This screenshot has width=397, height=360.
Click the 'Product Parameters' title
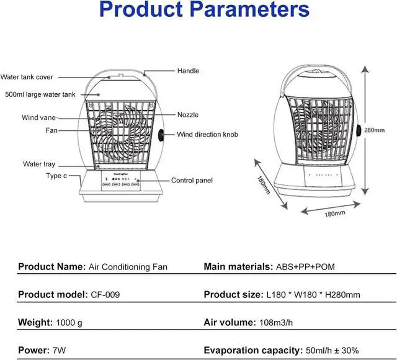(x=204, y=9)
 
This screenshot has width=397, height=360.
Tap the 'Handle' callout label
(x=188, y=71)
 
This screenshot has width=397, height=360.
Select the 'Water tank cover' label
(x=27, y=77)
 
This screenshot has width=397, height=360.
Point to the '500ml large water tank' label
(x=40, y=94)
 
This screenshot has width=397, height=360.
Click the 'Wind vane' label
(x=38, y=117)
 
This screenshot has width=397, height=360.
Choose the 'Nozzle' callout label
(x=188, y=115)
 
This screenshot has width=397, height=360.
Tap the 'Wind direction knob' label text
(x=207, y=135)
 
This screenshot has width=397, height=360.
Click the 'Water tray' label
(x=39, y=164)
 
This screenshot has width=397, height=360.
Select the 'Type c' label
(x=56, y=176)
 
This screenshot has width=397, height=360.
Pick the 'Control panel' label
(x=192, y=181)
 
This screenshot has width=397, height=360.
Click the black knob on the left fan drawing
(x=161, y=135)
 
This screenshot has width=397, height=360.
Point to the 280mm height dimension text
(x=374, y=130)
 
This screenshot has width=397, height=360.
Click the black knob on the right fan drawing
(x=359, y=130)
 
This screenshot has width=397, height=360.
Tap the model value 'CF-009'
(x=105, y=295)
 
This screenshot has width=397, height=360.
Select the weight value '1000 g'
(x=69, y=323)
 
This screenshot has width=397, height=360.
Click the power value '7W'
(x=60, y=350)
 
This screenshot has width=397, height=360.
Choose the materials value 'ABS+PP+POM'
(x=305, y=267)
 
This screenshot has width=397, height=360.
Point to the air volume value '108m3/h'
(x=276, y=323)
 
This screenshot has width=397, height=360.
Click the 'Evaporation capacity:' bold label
(x=253, y=350)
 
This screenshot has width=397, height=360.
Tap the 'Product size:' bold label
(x=234, y=295)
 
